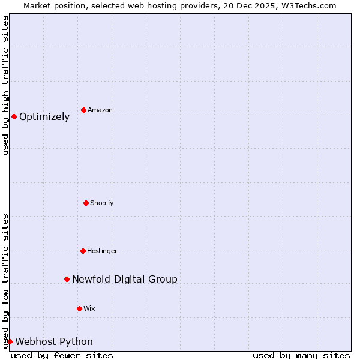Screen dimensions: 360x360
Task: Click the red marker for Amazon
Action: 83,110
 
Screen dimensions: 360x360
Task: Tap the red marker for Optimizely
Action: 14,116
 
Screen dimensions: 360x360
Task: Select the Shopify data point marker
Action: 86,203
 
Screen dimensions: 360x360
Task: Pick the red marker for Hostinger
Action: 83,251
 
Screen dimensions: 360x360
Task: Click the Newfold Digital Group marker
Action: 67,279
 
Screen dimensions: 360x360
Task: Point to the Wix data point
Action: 79,308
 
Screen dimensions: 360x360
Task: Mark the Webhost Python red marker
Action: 10,341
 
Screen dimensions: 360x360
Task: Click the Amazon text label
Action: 100,110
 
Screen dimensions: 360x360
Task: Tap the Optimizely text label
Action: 44,117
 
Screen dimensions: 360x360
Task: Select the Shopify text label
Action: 102,203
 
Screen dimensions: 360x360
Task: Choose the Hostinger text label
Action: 102,251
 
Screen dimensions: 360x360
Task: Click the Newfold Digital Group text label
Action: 125,279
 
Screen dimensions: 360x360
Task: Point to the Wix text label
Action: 89,308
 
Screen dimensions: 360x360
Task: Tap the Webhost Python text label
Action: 54,342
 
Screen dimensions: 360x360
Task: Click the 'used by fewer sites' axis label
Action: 62,355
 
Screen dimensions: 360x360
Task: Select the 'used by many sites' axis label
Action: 301,355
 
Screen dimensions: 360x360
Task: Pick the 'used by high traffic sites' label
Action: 5,86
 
